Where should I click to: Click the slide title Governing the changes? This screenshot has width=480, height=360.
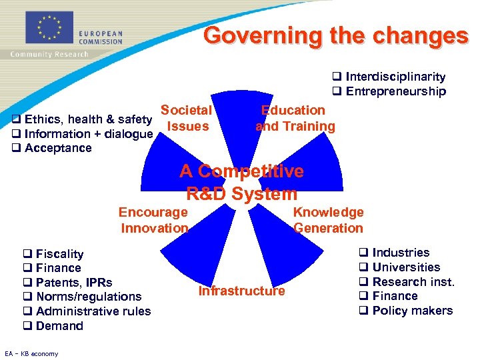[x=336, y=35]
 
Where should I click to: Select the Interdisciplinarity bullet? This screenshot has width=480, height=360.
[x=389, y=77]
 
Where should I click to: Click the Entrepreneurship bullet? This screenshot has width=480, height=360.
[x=389, y=91]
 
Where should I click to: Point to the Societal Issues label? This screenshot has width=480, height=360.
[x=187, y=118]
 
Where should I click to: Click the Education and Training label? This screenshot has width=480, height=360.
[x=295, y=118]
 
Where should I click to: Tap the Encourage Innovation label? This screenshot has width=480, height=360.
[x=154, y=220]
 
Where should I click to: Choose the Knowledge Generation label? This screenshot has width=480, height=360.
[x=329, y=220]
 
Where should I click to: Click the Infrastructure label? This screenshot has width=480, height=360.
[x=241, y=291]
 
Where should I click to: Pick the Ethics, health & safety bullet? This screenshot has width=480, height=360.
[x=83, y=120]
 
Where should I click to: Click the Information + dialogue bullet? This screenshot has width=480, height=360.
[x=83, y=134]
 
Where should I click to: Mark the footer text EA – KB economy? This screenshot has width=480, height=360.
[x=31, y=353]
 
